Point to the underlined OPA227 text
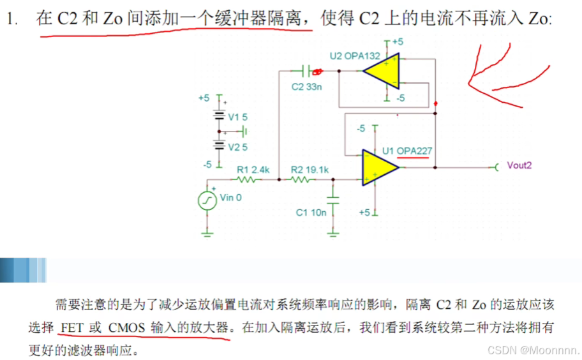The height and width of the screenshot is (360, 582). click(x=415, y=151)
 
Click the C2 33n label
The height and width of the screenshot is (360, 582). click(x=307, y=86)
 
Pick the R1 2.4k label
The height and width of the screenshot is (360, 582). click(x=253, y=170)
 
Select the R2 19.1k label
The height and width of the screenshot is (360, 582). click(x=310, y=170)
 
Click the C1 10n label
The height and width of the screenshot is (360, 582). click(x=311, y=213)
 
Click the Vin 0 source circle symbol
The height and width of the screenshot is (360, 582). click(x=207, y=200)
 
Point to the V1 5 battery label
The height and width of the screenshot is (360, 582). click(x=238, y=117)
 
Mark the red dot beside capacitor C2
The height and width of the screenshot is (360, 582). click(x=317, y=70)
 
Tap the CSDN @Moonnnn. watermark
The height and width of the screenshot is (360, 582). click(x=534, y=350)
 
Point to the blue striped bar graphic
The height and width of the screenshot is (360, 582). click(x=23, y=269)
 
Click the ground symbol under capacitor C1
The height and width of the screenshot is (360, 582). click(x=333, y=234)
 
